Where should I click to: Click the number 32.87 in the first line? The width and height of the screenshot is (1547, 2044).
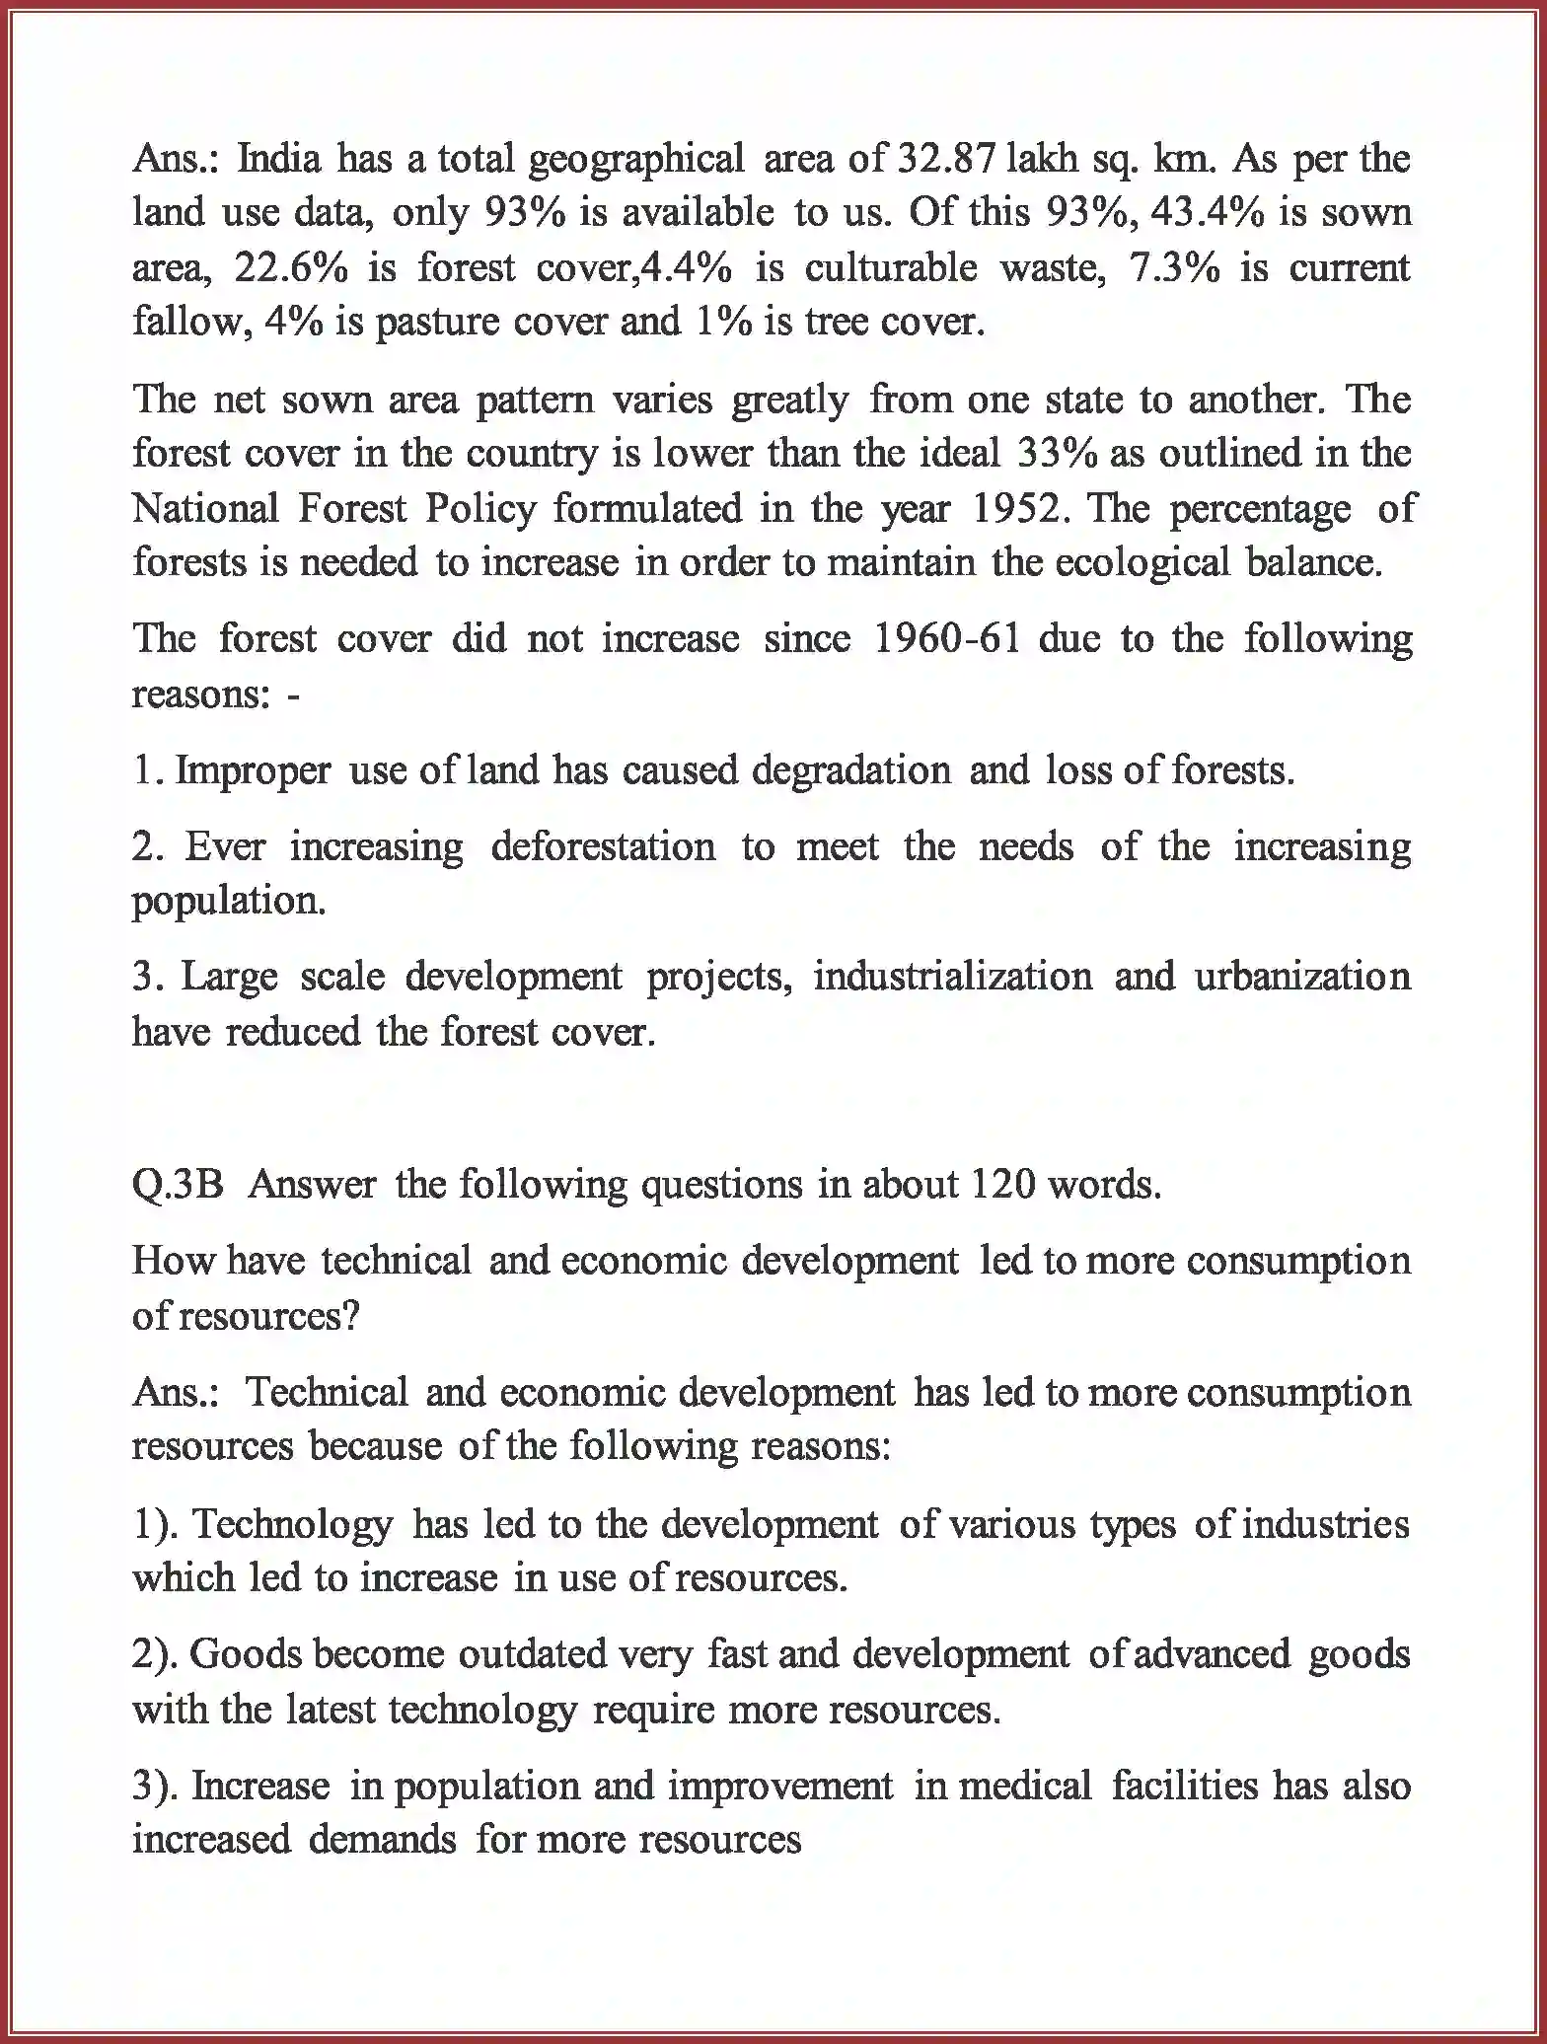click(x=947, y=158)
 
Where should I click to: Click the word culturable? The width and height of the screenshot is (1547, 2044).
click(x=891, y=267)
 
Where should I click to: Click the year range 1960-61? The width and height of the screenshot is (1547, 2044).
click(x=947, y=638)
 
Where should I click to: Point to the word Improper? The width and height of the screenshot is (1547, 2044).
click(x=253, y=770)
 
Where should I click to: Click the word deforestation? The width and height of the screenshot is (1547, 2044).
click(x=603, y=846)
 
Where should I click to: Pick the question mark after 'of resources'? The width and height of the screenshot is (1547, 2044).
click(x=349, y=1316)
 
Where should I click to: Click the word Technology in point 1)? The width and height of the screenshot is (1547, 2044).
click(x=292, y=1525)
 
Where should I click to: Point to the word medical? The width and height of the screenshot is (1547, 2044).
click(x=1025, y=1786)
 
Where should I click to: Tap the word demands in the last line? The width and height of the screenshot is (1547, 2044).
click(x=383, y=1839)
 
